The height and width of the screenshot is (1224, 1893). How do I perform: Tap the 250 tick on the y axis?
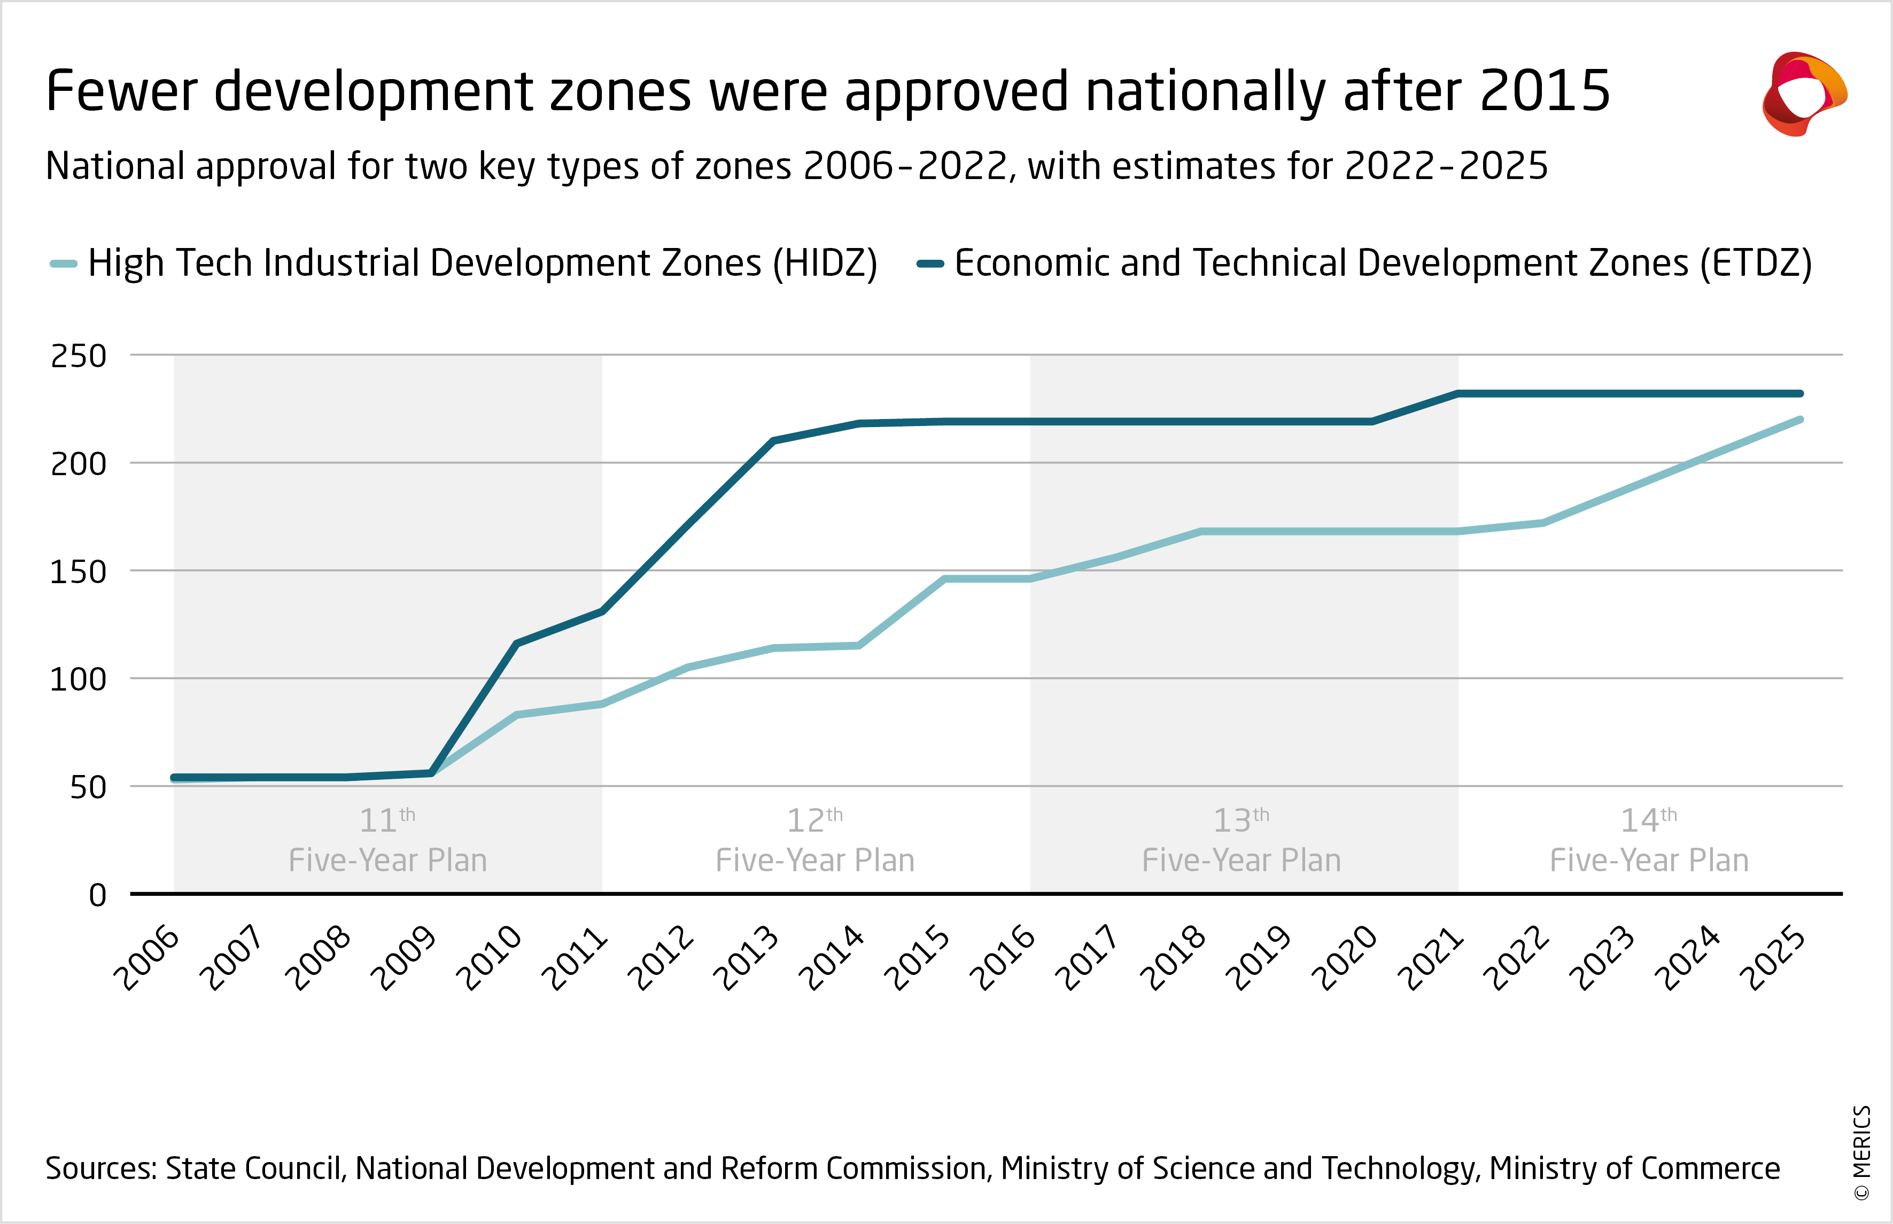pyautogui.click(x=79, y=356)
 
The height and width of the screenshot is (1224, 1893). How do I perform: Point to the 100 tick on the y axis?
pyautogui.click(x=78, y=679)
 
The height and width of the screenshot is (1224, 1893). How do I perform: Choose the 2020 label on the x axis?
pyautogui.click(x=1345, y=958)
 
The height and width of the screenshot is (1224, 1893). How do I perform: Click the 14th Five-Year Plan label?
pyautogui.click(x=1649, y=841)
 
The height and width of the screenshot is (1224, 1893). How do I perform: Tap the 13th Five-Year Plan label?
pyautogui.click(x=1242, y=841)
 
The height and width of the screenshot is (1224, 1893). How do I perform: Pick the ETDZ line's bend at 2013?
pyautogui.click(x=773, y=440)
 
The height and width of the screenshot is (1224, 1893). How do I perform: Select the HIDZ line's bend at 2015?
pyautogui.click(x=945, y=579)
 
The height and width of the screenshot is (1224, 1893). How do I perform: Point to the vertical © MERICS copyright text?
pyautogui.click(x=1862, y=1152)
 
